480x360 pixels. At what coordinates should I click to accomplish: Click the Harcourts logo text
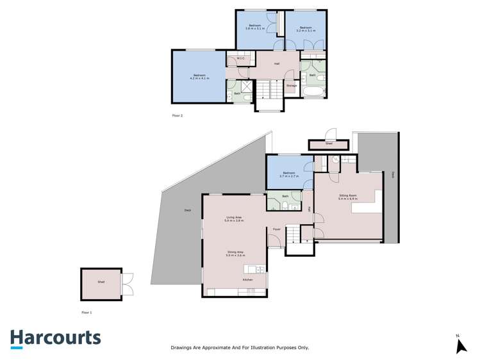55,338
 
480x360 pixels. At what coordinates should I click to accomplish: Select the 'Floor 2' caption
178,115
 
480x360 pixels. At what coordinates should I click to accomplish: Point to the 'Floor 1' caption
87,313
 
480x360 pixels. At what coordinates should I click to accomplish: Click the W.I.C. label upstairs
240,59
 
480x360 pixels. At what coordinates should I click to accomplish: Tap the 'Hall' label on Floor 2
277,63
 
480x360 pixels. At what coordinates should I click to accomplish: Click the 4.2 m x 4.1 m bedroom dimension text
201,78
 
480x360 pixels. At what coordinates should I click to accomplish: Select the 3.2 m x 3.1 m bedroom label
305,30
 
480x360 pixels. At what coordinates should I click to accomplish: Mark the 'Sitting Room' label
347,196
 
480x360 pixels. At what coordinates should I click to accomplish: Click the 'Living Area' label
234,219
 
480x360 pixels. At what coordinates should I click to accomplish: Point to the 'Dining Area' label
236,254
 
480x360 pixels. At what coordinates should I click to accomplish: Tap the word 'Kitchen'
248,280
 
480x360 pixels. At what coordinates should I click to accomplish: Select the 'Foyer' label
277,229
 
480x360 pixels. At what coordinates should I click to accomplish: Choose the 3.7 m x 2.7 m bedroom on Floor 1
289,174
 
